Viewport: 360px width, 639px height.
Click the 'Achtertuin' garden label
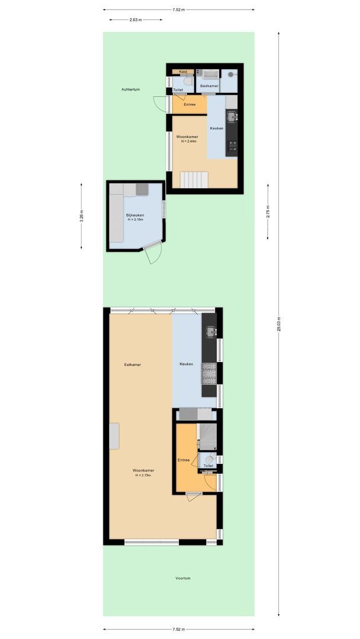130,89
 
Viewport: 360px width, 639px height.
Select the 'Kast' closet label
183,72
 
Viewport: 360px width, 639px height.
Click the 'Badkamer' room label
209,86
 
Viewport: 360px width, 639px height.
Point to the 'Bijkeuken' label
135,215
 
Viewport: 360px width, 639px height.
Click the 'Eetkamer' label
132,364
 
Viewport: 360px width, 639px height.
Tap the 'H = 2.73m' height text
143,475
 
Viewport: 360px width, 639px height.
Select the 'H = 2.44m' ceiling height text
189,141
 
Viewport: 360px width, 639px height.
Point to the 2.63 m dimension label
136,20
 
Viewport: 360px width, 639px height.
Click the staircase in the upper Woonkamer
194,179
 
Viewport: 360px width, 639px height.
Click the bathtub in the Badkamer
211,74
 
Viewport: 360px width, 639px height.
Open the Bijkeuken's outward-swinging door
153,253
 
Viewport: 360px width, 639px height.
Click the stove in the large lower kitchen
209,373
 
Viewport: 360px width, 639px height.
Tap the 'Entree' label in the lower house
184,460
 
